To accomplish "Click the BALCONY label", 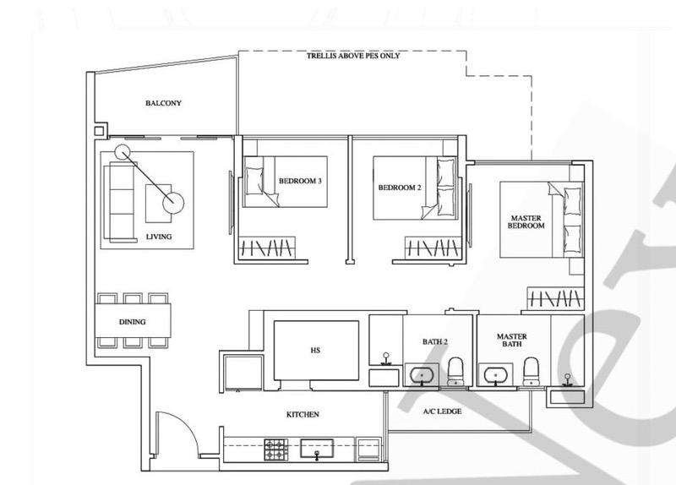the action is [163, 103].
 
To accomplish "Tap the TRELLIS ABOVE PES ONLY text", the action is [353, 56].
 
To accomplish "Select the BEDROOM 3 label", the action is [300, 181].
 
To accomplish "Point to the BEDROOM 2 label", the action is [400, 188].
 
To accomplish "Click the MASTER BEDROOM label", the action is [526, 222].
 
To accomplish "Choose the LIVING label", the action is [159, 237].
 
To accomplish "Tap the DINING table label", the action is [133, 322].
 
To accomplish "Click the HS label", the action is [315, 351].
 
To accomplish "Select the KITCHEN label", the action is [303, 415].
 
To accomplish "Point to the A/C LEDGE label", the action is [442, 411].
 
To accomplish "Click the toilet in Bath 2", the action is [456, 371].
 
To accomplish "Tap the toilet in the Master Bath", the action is [532, 371].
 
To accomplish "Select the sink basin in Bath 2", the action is [421, 374].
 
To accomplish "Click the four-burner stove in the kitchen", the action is [276, 450].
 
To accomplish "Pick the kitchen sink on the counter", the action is [317, 450].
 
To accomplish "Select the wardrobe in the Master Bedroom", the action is [555, 298].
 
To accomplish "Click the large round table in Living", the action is [173, 202].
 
